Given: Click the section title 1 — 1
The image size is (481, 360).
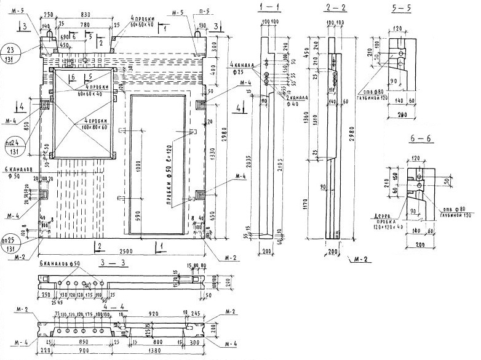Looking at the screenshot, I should pyautogui.click(x=270, y=7).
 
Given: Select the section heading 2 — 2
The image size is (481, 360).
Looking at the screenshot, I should pyautogui.click(x=336, y=7).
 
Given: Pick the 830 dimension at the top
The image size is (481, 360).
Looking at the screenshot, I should pyautogui.click(x=85, y=14).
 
